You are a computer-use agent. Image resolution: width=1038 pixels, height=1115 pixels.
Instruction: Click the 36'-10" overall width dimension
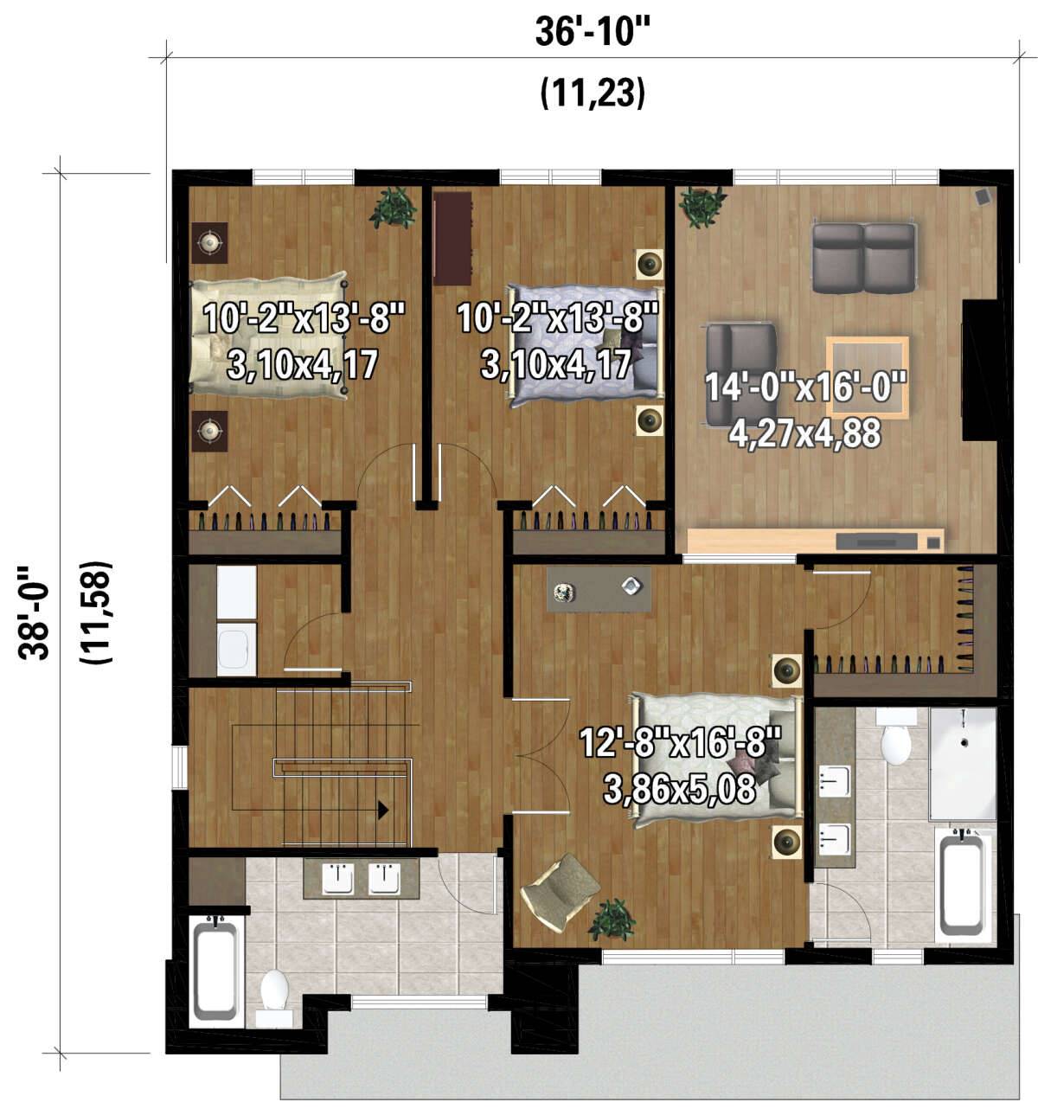593,33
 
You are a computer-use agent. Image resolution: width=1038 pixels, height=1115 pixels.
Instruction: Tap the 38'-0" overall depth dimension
34,613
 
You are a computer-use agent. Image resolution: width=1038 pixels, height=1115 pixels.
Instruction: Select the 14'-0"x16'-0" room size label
805,387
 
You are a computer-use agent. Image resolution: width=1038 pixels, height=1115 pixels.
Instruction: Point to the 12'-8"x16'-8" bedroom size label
680,742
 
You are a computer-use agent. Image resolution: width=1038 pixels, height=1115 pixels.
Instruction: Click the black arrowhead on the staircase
384,811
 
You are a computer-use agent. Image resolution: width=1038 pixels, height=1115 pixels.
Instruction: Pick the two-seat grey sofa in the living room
863,258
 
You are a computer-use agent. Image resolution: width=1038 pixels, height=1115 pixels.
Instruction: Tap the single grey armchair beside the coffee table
740,374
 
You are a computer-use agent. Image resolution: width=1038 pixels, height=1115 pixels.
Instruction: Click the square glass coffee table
868,377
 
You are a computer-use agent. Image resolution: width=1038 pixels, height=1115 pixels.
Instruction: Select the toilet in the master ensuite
895,739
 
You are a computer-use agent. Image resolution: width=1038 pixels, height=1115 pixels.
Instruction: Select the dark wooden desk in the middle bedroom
452,239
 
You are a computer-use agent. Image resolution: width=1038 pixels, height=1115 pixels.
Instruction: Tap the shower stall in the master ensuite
962,764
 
